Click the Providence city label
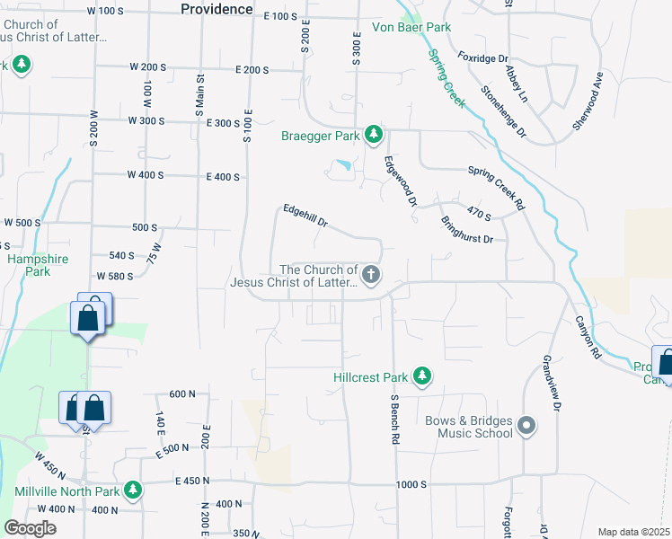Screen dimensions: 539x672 point(217,9)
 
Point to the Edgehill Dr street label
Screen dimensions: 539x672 point(306,216)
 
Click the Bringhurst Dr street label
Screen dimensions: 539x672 point(468,229)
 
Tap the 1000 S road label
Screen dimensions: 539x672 point(411,485)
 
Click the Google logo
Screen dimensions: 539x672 point(30,528)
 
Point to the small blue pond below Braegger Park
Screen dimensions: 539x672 point(342,165)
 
